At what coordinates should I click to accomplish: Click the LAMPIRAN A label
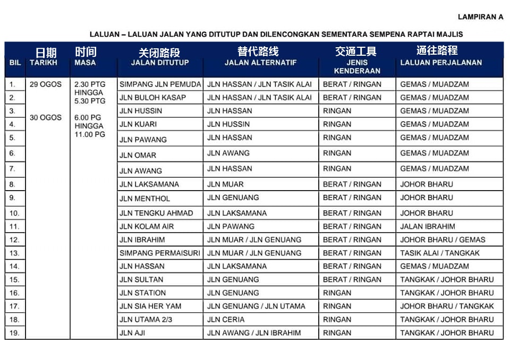point(480,17)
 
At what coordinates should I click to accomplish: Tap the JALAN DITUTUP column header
point(160,63)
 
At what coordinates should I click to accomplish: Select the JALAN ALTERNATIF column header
point(260,63)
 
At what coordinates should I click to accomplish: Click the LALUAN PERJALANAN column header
point(441,63)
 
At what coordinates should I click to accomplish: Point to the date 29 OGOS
point(46,84)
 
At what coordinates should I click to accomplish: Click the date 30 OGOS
point(46,117)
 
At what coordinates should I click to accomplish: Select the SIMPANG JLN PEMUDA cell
point(160,84)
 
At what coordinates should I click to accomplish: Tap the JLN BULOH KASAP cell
point(152,98)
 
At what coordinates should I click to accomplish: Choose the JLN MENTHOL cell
point(144,199)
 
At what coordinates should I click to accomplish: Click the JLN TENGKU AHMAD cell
point(156,213)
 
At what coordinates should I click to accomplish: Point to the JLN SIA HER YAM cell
point(150,306)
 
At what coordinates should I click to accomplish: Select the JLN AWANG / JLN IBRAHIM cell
point(254,333)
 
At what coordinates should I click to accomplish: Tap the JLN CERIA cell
point(226,320)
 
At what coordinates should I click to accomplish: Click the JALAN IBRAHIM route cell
point(427,226)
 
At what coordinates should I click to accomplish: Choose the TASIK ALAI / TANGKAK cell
point(439,253)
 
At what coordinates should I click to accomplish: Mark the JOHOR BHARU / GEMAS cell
point(443,240)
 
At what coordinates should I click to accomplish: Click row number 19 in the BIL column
point(14,333)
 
